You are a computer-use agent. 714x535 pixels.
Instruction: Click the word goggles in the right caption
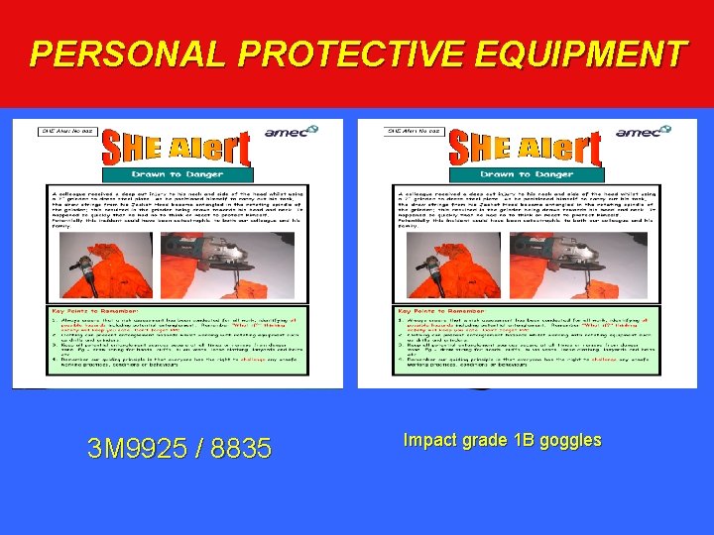(565, 440)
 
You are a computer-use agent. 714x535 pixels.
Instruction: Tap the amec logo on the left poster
(292, 131)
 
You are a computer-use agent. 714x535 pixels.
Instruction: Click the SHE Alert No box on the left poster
(67, 130)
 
